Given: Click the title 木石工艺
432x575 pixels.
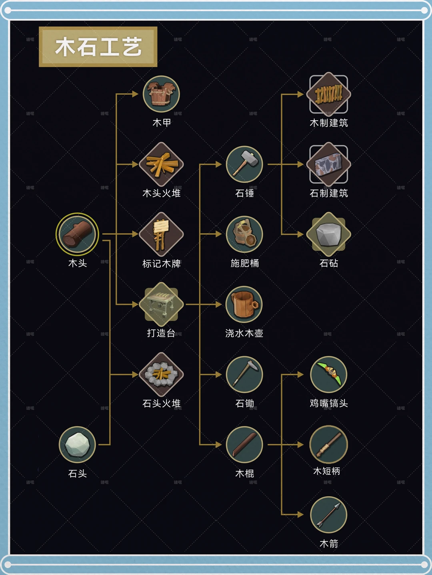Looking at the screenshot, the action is click(x=98, y=47).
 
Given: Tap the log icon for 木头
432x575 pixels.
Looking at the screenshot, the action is click(x=77, y=234).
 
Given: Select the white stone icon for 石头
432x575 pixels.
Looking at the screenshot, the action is click(x=77, y=444).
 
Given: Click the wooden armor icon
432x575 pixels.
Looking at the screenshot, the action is click(x=161, y=94).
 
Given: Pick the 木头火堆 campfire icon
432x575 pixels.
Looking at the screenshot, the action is click(x=161, y=164).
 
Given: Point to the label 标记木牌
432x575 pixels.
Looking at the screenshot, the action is click(x=162, y=264).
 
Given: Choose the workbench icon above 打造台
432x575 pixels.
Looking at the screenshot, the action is click(x=161, y=304).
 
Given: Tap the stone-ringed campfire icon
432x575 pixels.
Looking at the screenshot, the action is click(x=161, y=375).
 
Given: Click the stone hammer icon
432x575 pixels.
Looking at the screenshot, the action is click(x=244, y=164).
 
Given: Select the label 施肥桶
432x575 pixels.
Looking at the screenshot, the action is click(x=244, y=263).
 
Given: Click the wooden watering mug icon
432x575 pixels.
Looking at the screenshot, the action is click(x=244, y=304).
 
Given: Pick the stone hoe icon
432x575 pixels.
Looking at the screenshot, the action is click(x=244, y=375).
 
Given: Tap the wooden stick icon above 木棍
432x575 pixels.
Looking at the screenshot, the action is click(x=244, y=444).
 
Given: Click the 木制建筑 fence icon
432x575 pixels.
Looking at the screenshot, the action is click(x=328, y=94).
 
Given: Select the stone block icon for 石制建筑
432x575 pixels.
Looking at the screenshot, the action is click(x=328, y=164).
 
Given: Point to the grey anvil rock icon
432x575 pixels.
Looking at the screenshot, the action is click(x=328, y=234).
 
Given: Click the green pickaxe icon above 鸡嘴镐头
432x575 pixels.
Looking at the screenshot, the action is click(x=328, y=375).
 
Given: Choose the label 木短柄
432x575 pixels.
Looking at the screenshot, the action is click(x=327, y=471).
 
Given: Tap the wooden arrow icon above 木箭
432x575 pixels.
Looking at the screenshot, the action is click(x=328, y=515).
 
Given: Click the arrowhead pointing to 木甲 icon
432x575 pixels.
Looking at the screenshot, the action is click(x=135, y=94).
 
